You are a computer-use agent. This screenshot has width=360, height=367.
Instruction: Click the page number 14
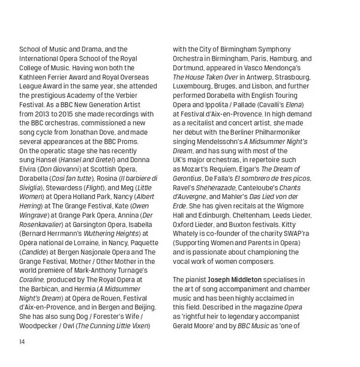pyautogui.click(x=22, y=342)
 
